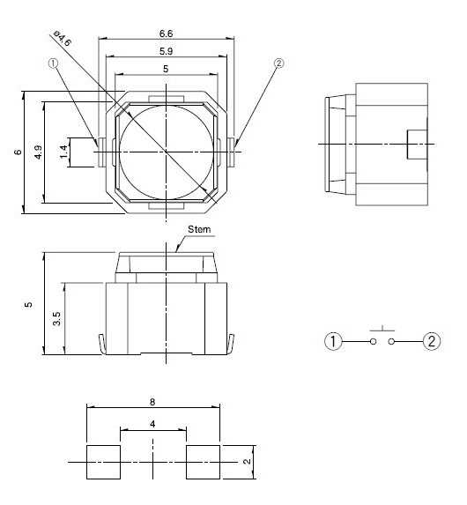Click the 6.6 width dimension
pyautogui.click(x=166, y=33)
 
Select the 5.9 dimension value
pyautogui.click(x=166, y=51)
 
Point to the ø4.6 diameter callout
pyautogui.click(x=62, y=38)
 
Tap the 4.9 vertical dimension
pyautogui.click(x=38, y=152)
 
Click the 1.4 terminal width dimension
pyautogui.click(x=63, y=152)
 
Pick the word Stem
pyautogui.click(x=199, y=229)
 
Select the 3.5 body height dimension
pyautogui.click(x=56, y=319)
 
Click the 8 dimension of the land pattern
pyautogui.click(x=152, y=402)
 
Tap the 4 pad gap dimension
pyautogui.click(x=152, y=424)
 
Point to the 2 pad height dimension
pyautogui.click(x=247, y=462)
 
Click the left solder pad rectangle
pyautogui.click(x=103, y=462)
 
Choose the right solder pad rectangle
pyautogui.click(x=204, y=462)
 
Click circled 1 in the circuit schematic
pyautogui.click(x=333, y=341)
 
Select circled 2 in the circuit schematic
pyautogui.click(x=432, y=341)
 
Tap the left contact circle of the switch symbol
pyautogui.click(x=373, y=341)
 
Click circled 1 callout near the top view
pyautogui.click(x=53, y=63)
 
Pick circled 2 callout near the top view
pyautogui.click(x=279, y=63)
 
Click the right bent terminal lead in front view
pyautogui.click(x=230, y=345)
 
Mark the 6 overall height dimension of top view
pyautogui.click(x=18, y=152)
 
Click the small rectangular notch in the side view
pyautogui.click(x=418, y=145)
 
